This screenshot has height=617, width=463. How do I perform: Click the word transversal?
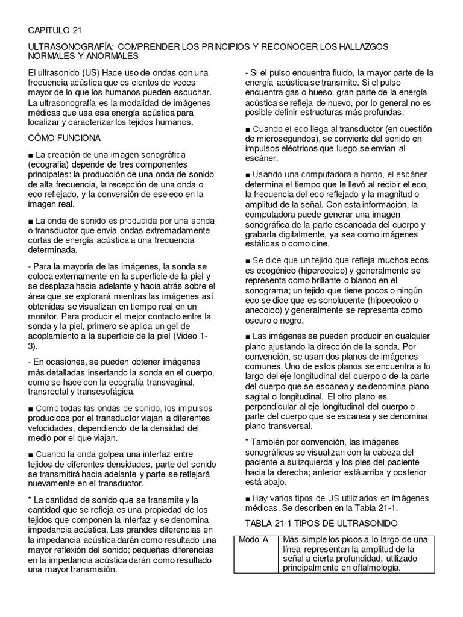(282, 426)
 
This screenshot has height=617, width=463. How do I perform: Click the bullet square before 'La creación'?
(31, 156)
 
